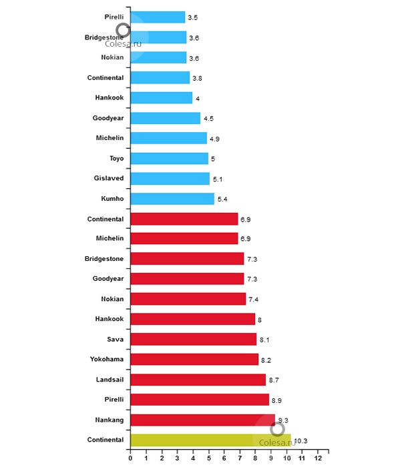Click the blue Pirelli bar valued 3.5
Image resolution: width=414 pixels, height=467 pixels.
pos(158,17)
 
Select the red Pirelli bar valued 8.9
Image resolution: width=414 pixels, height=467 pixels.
pos(200,400)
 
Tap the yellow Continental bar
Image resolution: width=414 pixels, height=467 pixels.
pos(210,440)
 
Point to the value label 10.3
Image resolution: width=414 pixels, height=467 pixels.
pos(300,441)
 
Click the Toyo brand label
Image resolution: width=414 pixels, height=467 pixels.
pos(116,159)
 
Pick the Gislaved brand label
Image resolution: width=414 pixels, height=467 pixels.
pos(110,179)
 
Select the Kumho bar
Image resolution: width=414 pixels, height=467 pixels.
pos(172,199)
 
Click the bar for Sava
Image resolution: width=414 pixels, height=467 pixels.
pos(193,339)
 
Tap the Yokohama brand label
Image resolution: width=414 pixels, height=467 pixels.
pos(107,359)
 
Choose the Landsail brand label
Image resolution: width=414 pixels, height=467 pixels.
pos(108,379)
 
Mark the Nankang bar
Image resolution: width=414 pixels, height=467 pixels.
pos(202,420)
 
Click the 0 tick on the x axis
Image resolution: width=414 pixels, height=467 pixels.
pos(130,458)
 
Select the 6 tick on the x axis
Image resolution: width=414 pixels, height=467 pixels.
pos(224,458)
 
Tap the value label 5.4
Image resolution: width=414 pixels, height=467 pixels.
pos(223,199)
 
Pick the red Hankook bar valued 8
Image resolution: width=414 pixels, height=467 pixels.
pos(192,319)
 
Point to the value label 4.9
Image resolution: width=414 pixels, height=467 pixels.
pos(216,139)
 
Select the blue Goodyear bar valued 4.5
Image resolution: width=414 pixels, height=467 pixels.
pos(165,118)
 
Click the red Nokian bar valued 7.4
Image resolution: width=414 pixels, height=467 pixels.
pos(188,299)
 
